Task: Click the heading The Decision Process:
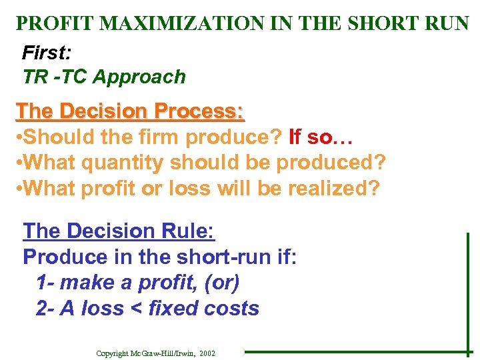point(130,110)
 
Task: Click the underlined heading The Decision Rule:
point(119,231)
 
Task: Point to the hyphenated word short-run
point(205,257)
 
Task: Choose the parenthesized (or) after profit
point(223,283)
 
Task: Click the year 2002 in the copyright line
point(207,353)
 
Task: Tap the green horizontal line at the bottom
point(353,352)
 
